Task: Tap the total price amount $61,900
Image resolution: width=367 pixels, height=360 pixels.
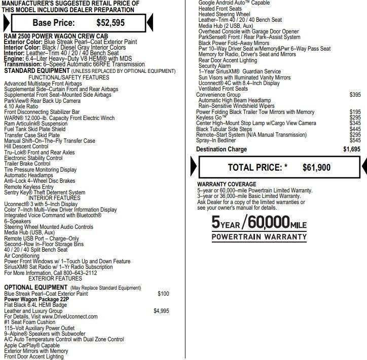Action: (316, 168)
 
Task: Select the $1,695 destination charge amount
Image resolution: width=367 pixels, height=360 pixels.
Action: (351, 149)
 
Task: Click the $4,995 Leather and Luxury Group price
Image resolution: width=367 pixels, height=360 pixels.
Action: (161, 311)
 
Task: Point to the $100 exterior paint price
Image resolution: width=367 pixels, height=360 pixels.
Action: (163, 294)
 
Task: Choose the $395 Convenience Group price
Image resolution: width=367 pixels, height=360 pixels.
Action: (355, 95)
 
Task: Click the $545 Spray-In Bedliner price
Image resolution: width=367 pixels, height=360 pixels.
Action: (355, 140)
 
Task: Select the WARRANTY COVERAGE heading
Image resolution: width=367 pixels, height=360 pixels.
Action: (227, 184)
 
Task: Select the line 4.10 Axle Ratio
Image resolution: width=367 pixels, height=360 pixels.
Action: (21, 106)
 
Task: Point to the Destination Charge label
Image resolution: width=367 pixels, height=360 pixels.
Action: (222, 149)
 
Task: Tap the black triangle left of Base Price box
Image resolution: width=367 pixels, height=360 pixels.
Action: (6, 22)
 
